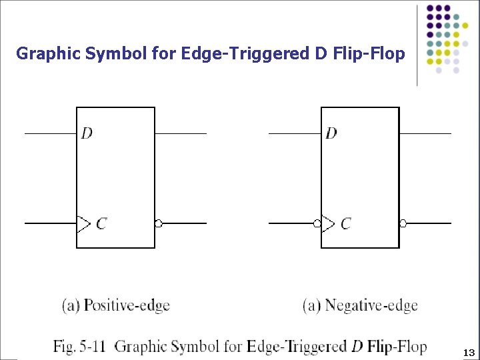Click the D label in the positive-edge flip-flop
point(87,133)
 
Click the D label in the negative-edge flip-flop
point(331,133)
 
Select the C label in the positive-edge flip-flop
point(101,223)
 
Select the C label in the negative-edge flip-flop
point(345,223)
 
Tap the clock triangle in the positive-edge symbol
point(83,223)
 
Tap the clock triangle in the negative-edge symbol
point(327,223)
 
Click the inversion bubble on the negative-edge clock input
point(317,223)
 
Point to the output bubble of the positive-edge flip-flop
point(159,223)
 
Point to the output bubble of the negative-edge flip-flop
point(403,223)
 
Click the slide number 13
point(469,352)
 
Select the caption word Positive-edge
point(127,306)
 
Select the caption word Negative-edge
point(371,306)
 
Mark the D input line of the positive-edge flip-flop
point(51,133)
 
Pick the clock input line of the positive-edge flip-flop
point(51,223)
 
